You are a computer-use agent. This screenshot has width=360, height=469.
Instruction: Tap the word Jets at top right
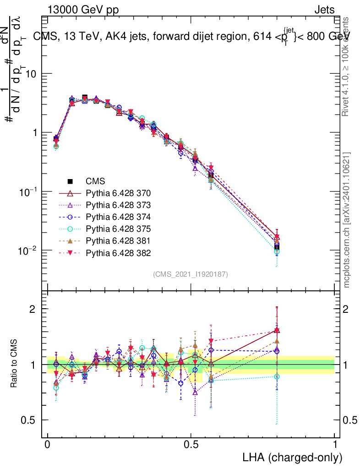tap(324, 10)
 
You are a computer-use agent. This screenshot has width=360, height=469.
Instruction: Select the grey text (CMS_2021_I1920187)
tap(191, 274)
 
